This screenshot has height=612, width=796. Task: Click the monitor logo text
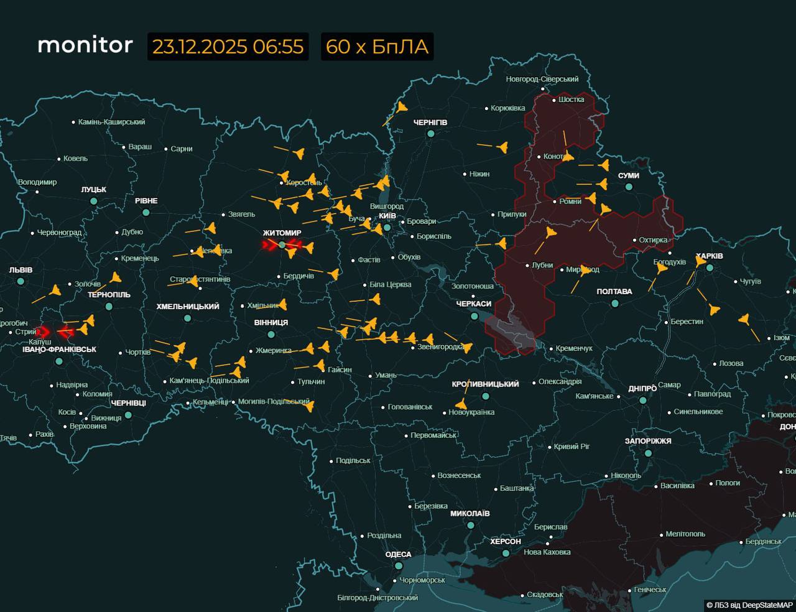(85, 45)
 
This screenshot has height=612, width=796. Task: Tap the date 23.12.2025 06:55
(228, 47)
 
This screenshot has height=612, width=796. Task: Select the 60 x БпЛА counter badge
(377, 47)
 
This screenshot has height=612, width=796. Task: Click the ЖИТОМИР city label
(282, 233)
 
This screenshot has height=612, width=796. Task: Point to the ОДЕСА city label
(398, 554)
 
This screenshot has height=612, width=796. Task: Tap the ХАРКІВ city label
(709, 256)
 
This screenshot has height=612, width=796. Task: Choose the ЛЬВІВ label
(21, 270)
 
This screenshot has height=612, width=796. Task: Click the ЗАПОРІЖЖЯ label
(648, 441)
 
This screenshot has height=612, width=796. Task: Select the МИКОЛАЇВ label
(470, 514)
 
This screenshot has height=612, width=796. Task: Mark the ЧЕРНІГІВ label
(430, 123)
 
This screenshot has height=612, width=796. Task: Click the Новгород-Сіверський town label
(542, 79)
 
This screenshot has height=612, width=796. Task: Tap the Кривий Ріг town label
(572, 447)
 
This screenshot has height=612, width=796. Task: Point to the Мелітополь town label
(685, 534)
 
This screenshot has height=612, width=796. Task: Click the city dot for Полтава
(614, 304)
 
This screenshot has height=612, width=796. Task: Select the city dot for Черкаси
(474, 316)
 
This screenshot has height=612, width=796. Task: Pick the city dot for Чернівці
(128, 415)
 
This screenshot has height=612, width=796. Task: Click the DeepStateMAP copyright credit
(749, 605)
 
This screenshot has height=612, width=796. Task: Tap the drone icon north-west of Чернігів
(402, 108)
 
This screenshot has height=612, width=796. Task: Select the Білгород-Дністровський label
(377, 598)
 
